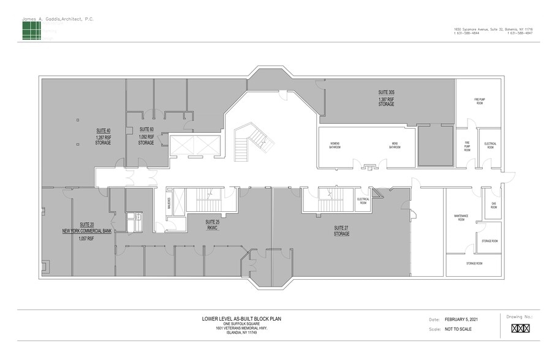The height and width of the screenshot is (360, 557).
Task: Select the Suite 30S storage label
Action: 386,99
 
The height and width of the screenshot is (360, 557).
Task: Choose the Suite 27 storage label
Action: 341,230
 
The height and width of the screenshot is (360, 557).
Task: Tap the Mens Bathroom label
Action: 396,146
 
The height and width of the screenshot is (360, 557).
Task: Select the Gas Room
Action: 493,206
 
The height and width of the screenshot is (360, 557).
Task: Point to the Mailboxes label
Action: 169,203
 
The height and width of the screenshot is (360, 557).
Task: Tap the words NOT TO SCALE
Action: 459,329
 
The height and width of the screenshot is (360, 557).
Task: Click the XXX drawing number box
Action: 519,329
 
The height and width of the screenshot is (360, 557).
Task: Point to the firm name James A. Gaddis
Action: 58,19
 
